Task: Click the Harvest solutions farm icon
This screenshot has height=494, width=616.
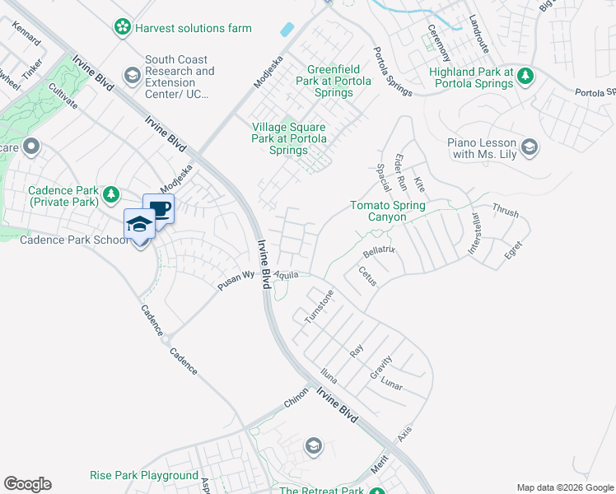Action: pyautogui.click(x=123, y=28)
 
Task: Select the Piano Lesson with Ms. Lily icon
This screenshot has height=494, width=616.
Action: pyautogui.click(x=530, y=148)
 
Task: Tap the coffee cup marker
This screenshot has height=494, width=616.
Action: pyautogui.click(x=158, y=208)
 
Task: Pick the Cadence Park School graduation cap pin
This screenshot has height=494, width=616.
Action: pyautogui.click(x=139, y=225)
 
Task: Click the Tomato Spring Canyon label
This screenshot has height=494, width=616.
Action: pyautogui.click(x=387, y=211)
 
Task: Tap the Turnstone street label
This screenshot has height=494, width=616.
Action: pyautogui.click(x=319, y=305)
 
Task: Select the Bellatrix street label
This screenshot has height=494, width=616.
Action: pyautogui.click(x=379, y=248)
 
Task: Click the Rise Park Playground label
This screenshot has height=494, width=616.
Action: pyautogui.click(x=144, y=476)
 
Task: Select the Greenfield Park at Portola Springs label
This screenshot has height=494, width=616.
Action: pyautogui.click(x=329, y=82)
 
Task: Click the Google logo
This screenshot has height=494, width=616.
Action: pyautogui.click(x=27, y=484)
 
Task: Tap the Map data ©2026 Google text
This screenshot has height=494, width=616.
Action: pyautogui.click(x=565, y=487)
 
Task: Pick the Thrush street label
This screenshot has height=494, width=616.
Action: pyautogui.click(x=506, y=212)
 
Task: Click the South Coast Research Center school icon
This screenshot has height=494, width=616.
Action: pyautogui.click(x=132, y=77)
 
